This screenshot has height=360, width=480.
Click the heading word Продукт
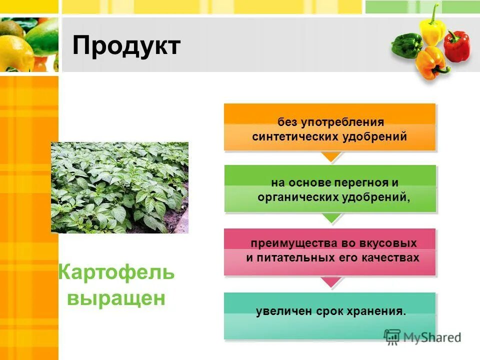coord(126,46)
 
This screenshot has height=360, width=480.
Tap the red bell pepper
coord(456,46)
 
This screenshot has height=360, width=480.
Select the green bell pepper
coord(406,45)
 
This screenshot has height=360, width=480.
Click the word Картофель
coord(116,273)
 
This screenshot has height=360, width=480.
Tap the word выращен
coord(116,298)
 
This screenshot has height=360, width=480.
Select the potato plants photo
coord(119,187)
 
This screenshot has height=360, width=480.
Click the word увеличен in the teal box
coord(283,311)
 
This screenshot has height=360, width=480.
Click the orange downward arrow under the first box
coord(330,156)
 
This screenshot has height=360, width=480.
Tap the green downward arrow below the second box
coord(330,217)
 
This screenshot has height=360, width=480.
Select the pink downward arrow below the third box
coord(330,282)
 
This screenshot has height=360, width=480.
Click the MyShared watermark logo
coord(422,336)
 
